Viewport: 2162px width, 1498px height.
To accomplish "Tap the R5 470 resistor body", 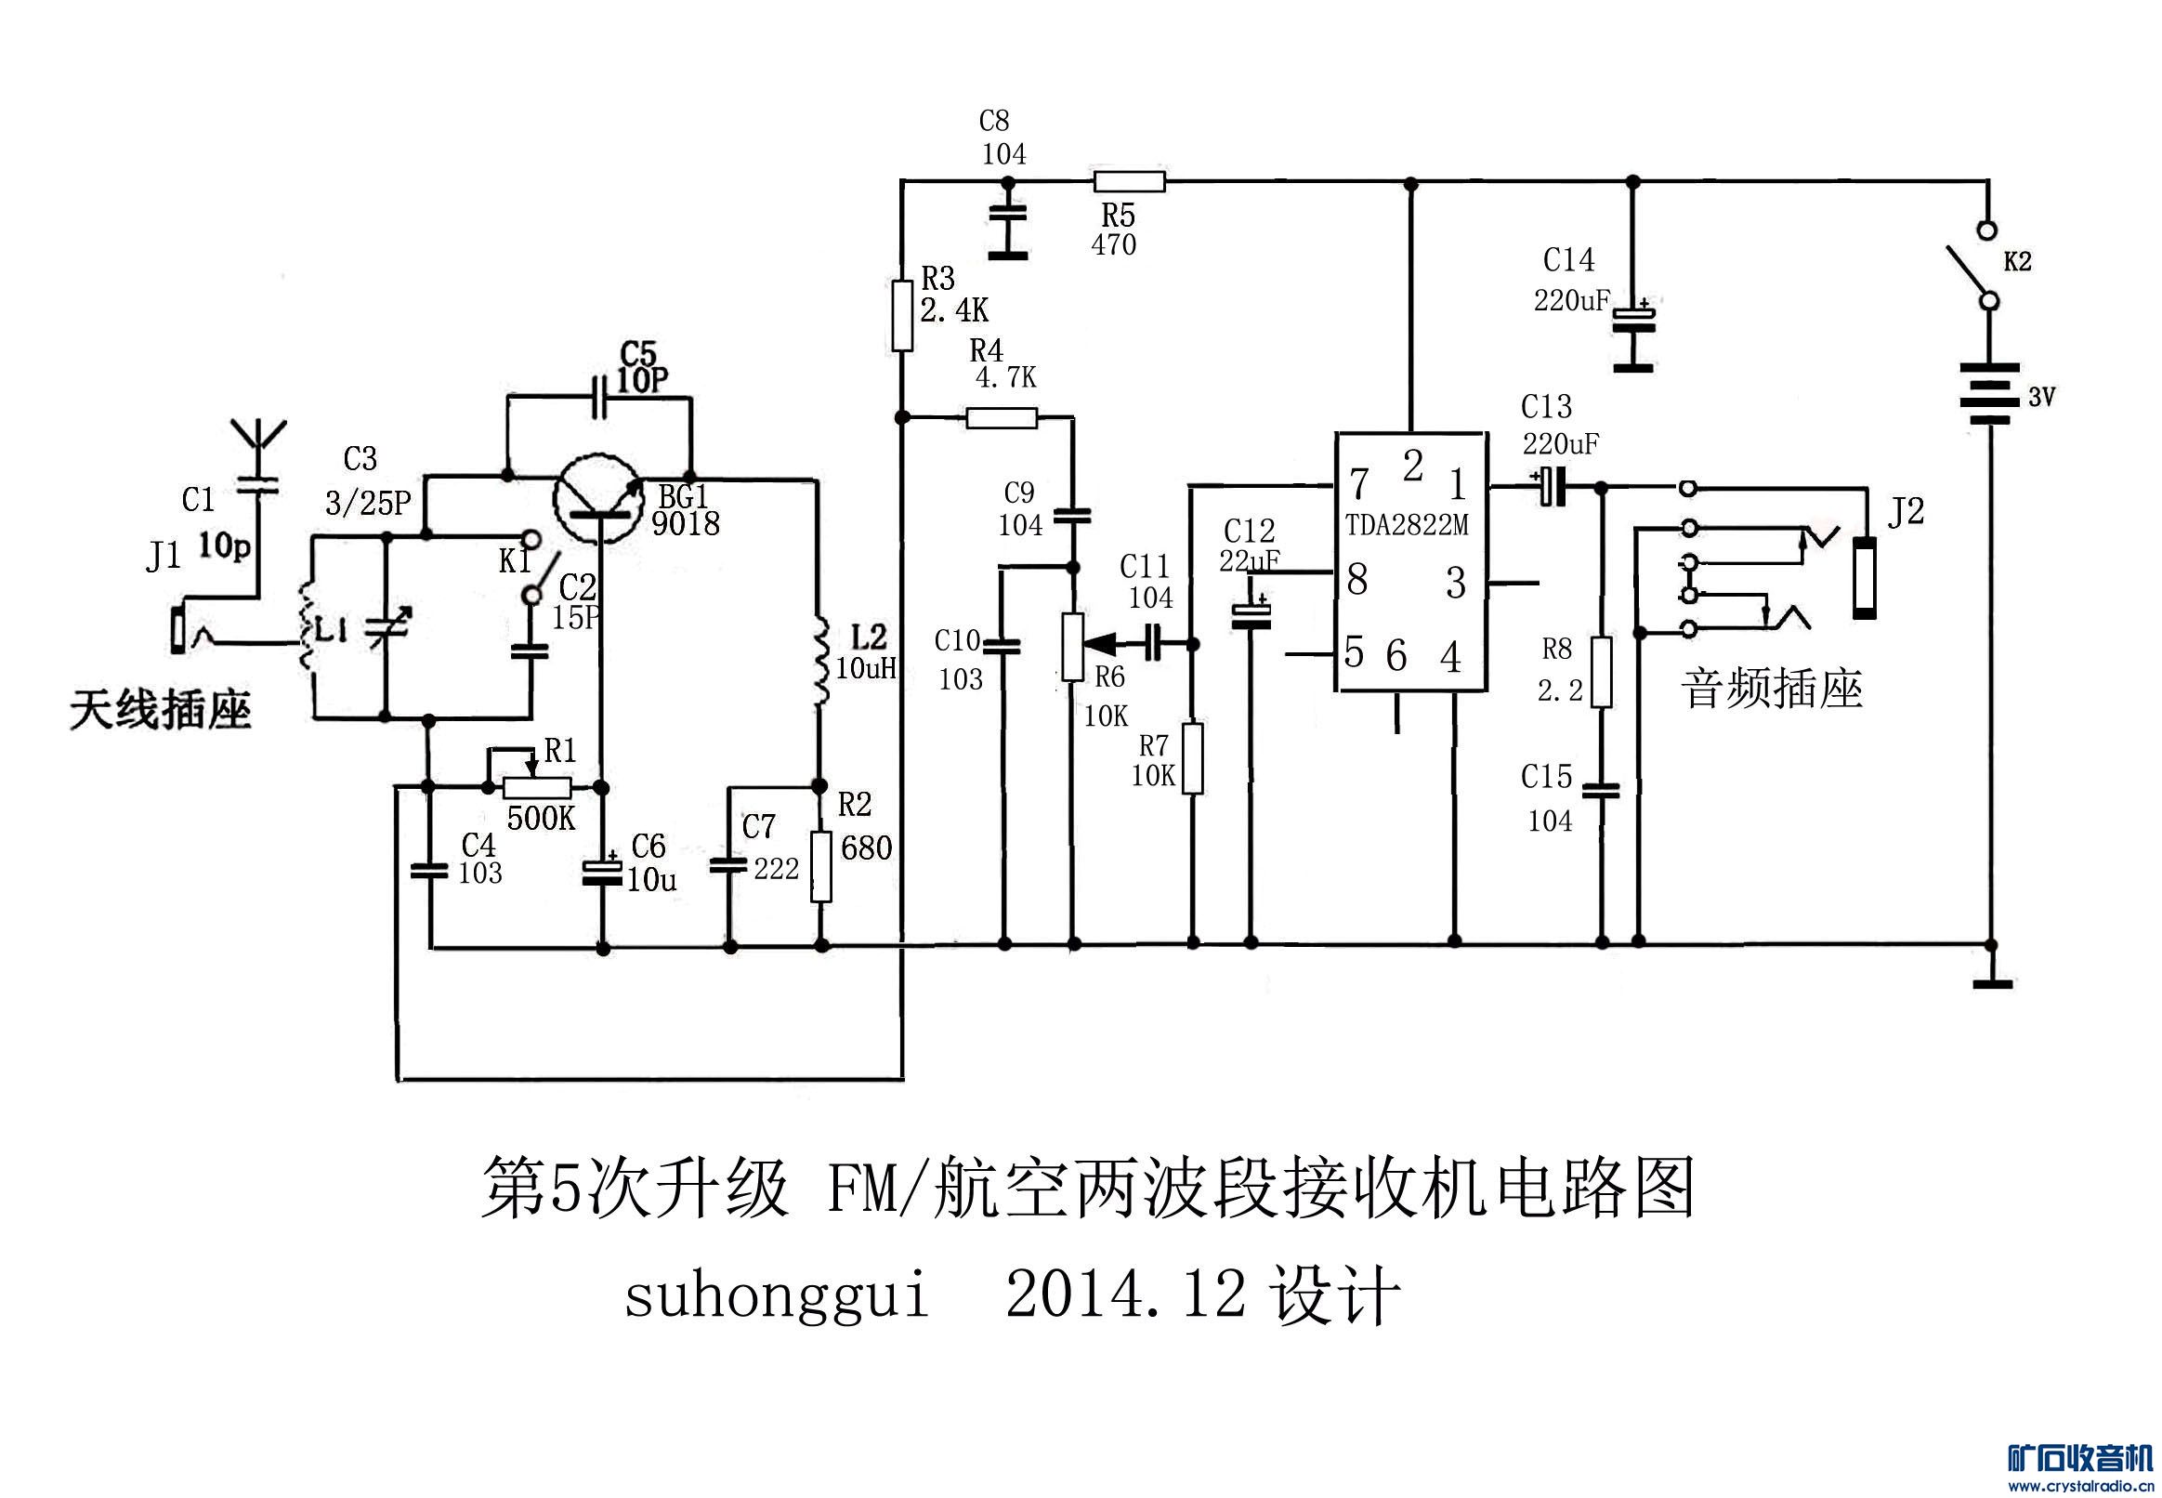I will pos(1129,181).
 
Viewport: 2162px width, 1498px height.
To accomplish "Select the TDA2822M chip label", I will pos(1407,526).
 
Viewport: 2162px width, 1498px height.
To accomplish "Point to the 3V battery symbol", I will pos(1989,393).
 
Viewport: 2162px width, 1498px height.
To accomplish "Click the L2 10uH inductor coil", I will pos(820,660).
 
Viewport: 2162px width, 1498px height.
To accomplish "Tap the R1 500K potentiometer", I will pos(537,786).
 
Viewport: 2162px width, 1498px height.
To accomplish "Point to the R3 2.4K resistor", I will pos(902,315).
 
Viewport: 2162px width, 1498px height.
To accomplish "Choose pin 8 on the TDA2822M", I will pos(1356,580).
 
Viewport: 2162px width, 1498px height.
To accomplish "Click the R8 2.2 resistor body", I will pos(1602,672).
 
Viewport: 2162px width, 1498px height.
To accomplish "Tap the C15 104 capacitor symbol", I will pos(1602,791).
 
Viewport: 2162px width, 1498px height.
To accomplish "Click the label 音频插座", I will pos(1771,690).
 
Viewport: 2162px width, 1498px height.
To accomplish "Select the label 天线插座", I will pos(161,711).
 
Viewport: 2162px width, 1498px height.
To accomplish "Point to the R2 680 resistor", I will pos(821,866).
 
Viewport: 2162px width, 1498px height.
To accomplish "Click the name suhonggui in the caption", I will pos(776,1296).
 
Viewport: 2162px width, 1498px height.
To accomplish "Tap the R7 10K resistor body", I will pos(1193,758).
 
